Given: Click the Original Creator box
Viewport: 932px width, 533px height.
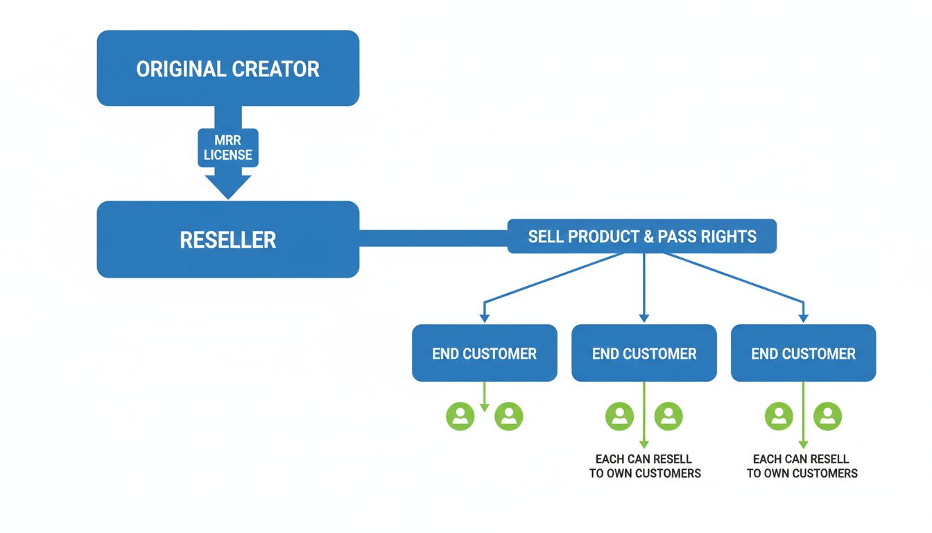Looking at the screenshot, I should click(x=227, y=68).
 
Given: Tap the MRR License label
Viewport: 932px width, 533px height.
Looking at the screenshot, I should click(x=227, y=148).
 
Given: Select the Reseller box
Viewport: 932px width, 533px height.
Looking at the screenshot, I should click(x=227, y=239).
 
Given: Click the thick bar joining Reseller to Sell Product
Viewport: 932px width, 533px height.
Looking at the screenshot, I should click(x=433, y=238).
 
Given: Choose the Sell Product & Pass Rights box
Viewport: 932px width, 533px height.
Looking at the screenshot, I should click(x=641, y=237).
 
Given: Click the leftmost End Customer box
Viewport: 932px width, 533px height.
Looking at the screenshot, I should click(x=484, y=353).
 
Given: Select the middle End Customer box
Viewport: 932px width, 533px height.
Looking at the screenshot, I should click(x=644, y=353).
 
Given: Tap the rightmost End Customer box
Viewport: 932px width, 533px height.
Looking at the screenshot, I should click(x=803, y=353).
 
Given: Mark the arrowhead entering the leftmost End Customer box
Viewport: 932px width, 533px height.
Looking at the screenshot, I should click(x=484, y=318).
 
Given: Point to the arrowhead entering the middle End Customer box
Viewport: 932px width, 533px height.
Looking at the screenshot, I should click(x=644, y=318).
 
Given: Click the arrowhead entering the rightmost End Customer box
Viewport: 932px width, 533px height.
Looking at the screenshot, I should click(x=803, y=318).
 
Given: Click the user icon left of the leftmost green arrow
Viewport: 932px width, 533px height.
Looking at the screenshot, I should click(x=460, y=416).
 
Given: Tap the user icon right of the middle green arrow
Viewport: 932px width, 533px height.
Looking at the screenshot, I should click(x=668, y=416).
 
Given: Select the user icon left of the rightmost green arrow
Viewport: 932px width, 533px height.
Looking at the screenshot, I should click(x=779, y=416).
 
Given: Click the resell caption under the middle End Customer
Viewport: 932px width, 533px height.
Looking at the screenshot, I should click(x=644, y=466).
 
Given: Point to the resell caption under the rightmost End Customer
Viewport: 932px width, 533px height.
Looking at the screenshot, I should click(x=802, y=466).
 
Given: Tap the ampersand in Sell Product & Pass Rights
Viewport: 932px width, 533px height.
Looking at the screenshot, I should click(x=648, y=237).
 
